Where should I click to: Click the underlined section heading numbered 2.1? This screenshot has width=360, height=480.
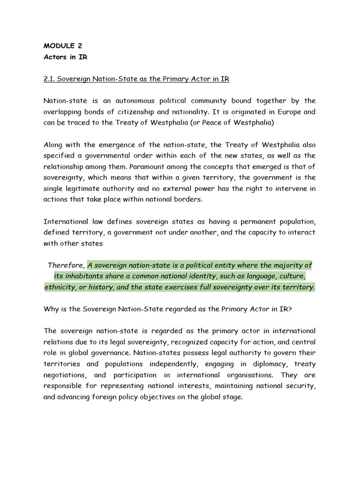(136, 79)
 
